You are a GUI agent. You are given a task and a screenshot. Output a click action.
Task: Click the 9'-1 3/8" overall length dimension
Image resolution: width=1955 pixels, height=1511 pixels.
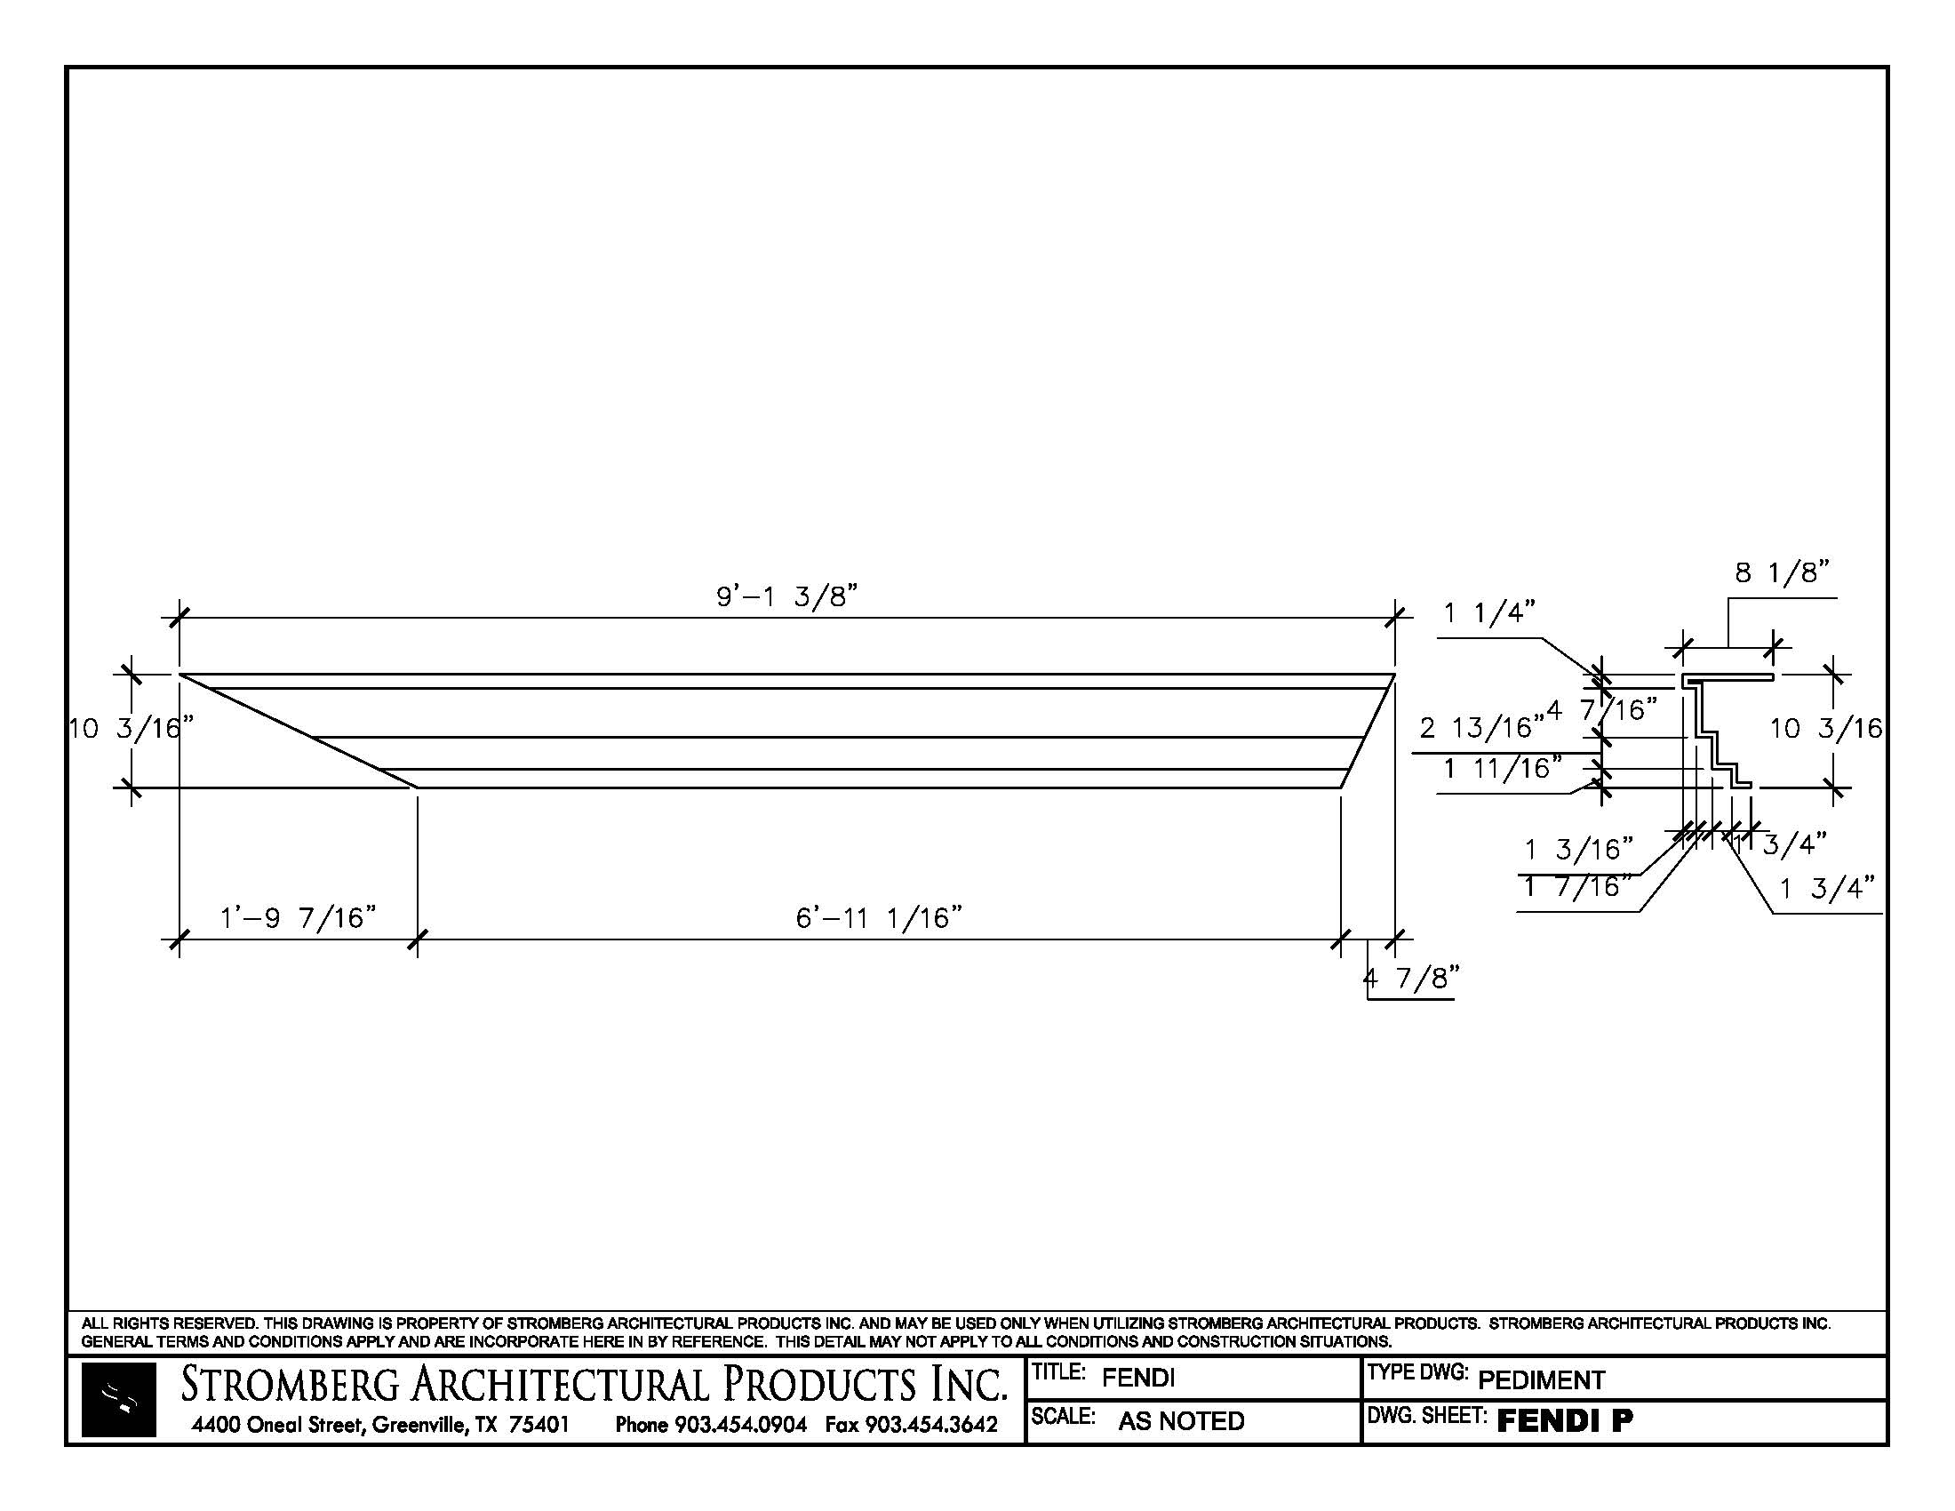(x=786, y=596)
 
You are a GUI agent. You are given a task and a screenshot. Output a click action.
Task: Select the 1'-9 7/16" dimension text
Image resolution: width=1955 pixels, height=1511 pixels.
(x=298, y=917)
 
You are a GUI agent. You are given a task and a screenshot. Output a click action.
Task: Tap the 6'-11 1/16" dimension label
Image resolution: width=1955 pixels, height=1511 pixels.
(x=879, y=917)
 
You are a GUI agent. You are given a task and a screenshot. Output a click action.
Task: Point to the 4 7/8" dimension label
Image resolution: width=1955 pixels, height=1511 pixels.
(x=1412, y=979)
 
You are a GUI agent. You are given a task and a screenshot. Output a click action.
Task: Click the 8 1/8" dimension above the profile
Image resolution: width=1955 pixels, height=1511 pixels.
(x=1782, y=573)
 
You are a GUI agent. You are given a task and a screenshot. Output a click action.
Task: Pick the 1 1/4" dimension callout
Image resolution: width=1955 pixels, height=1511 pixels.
(x=1489, y=613)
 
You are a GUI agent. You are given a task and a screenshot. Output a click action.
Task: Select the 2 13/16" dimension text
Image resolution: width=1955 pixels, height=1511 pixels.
(x=1481, y=728)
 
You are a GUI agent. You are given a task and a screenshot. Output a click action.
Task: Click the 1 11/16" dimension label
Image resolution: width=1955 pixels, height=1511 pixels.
(x=1503, y=767)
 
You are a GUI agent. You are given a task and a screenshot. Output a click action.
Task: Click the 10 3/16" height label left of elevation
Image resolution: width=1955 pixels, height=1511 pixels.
(x=131, y=728)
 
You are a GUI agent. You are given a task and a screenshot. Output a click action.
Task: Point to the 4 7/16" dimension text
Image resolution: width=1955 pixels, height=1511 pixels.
(x=1602, y=711)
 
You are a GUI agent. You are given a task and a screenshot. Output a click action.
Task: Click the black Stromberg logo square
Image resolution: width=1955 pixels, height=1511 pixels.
(x=118, y=1400)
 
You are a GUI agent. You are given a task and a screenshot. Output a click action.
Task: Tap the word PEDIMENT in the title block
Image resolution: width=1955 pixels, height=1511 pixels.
(x=1542, y=1380)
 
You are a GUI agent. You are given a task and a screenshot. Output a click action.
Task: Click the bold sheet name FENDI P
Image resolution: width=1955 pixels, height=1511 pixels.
(x=1565, y=1420)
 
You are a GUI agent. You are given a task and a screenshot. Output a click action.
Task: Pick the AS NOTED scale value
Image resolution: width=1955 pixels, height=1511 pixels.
(x=1181, y=1421)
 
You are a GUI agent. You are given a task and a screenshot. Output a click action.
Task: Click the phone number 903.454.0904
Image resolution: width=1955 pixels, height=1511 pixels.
(x=740, y=1424)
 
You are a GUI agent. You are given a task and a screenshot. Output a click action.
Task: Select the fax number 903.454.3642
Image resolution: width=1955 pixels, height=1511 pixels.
(x=931, y=1424)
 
